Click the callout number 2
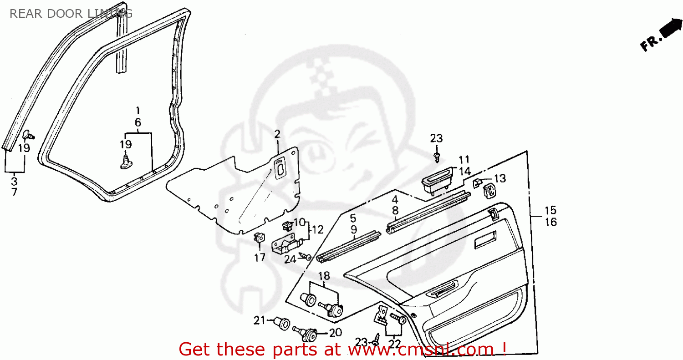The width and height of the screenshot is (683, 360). (277, 133)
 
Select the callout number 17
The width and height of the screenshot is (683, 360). (260, 258)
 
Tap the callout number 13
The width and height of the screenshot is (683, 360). (500, 178)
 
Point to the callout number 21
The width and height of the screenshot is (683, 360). (259, 321)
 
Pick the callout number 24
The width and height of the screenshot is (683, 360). (291, 259)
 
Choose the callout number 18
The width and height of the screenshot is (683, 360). (324, 276)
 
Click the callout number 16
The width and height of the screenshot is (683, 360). (550, 222)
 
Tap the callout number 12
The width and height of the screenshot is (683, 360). (317, 230)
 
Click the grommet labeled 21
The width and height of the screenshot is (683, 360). (282, 324)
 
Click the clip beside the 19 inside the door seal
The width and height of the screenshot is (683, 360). (126, 161)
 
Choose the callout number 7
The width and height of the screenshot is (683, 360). (14, 192)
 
